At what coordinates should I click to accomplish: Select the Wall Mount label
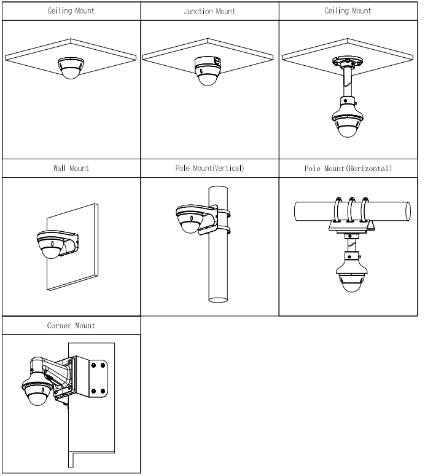71,169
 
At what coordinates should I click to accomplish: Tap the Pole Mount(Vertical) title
211,169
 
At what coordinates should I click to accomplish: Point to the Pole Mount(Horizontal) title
348,169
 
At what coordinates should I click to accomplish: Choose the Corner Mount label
71,326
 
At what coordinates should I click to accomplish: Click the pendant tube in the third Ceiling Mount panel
348,82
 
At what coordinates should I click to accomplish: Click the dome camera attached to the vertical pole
190,220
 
